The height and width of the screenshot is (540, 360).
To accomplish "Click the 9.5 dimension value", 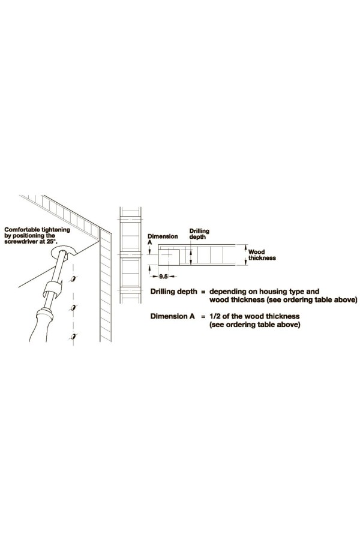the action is click(x=163, y=276).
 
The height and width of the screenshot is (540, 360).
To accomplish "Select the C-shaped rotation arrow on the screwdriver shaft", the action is click(x=51, y=288).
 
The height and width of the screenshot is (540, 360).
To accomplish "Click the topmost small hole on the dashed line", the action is click(x=73, y=278).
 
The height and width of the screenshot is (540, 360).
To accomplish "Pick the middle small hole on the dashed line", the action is click(x=73, y=307).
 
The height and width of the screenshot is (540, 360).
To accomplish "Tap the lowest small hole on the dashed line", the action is click(x=74, y=336).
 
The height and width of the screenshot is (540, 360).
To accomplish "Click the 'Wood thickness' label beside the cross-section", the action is click(x=262, y=254).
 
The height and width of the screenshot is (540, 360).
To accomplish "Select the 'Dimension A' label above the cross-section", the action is click(x=163, y=239).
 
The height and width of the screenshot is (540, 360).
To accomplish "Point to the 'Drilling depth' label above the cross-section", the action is click(x=199, y=234).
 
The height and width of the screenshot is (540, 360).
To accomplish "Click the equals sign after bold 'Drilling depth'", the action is click(x=203, y=292).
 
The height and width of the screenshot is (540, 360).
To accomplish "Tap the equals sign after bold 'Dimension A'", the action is click(x=203, y=316).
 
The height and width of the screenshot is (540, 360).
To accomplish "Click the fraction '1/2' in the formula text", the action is click(x=215, y=316).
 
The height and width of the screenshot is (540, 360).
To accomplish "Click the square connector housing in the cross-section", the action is click(x=169, y=257).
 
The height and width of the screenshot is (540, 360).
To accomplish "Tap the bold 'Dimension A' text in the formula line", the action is click(x=173, y=316).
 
